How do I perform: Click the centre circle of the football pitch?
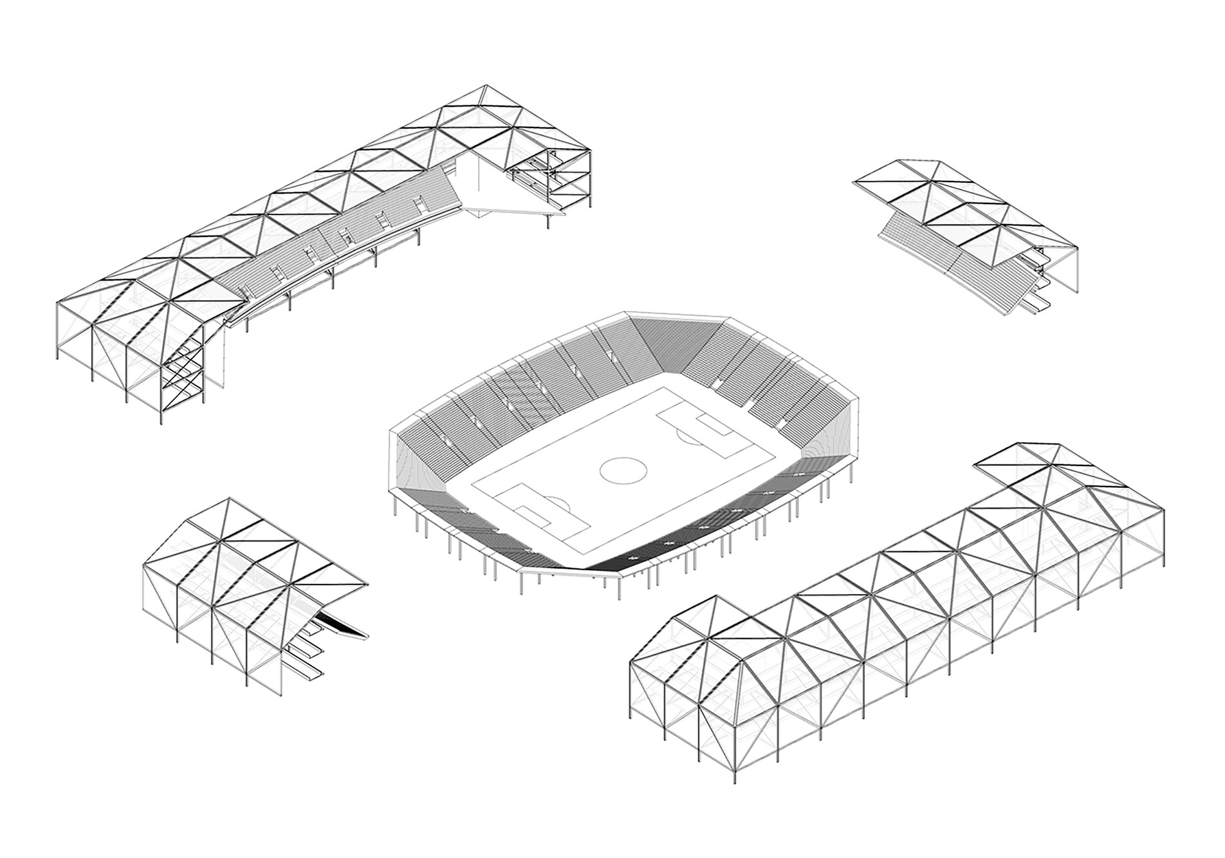pyautogui.click(x=623, y=470)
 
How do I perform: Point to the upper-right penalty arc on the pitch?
pyautogui.click(x=690, y=438)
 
